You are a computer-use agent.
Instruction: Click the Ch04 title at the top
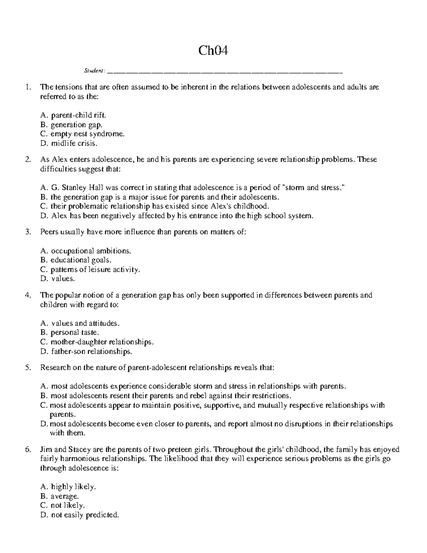(x=213, y=51)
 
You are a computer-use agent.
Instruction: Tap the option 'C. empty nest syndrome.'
(x=83, y=134)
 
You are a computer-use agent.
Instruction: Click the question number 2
(x=28, y=160)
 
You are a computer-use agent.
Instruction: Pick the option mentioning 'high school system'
(x=177, y=216)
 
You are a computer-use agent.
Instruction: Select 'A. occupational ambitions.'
(x=86, y=251)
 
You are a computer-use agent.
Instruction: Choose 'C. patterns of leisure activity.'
(x=91, y=270)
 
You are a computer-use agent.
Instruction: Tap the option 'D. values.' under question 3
(x=58, y=279)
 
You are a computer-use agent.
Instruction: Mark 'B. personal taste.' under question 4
(x=70, y=333)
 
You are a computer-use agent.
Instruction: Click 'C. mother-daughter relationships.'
(x=97, y=342)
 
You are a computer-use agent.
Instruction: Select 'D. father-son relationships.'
(x=86, y=352)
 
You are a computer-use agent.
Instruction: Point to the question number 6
(x=28, y=449)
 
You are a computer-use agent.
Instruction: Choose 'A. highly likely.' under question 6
(x=69, y=487)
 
